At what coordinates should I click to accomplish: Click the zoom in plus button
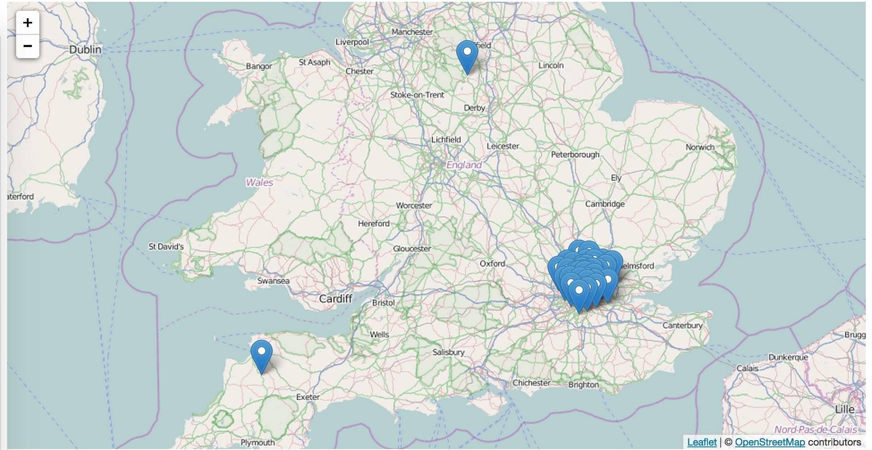coord(28,23)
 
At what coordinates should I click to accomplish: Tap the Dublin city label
coord(85,50)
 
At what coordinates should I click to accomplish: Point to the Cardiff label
coord(335,299)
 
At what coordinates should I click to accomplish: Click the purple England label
coord(464,165)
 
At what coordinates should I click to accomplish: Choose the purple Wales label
coord(259,183)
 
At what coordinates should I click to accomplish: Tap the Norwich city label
coord(700,147)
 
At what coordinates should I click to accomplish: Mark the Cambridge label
coord(605,204)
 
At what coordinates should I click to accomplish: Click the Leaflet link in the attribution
coord(702,442)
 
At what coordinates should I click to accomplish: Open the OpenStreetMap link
coord(770,442)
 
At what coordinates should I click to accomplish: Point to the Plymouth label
coord(258,442)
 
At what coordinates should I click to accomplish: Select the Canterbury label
coord(682,326)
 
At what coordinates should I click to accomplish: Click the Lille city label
coord(844,409)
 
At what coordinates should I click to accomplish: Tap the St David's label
coord(166,246)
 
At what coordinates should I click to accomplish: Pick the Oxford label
coord(492,264)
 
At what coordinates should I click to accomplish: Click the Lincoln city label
coord(551,65)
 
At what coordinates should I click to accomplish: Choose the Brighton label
coord(583,385)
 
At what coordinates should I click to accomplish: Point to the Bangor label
coord(259,66)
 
